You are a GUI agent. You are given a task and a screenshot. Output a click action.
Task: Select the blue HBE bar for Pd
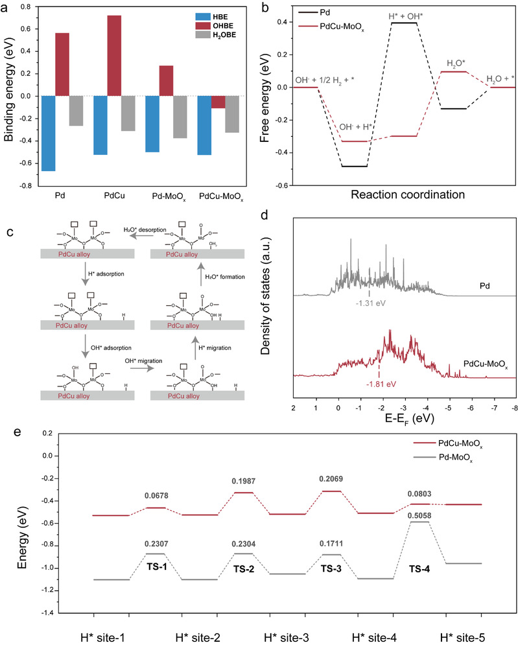tap(46, 133)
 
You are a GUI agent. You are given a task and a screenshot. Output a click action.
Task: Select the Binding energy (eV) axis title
tap(9, 94)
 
